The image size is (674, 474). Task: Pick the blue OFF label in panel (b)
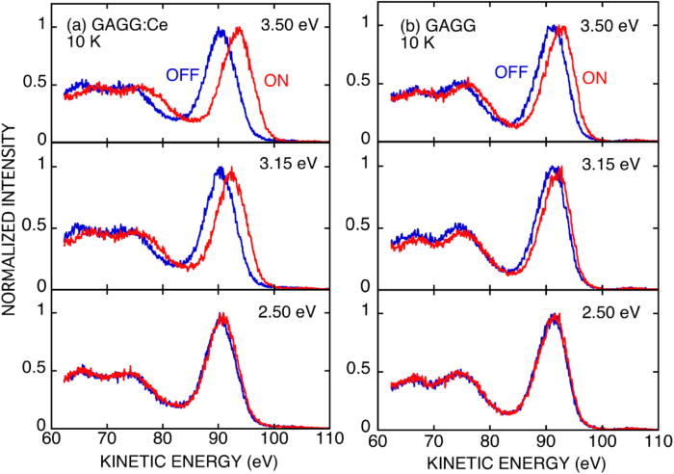point(512,71)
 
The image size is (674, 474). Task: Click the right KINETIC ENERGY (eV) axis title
point(500,462)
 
